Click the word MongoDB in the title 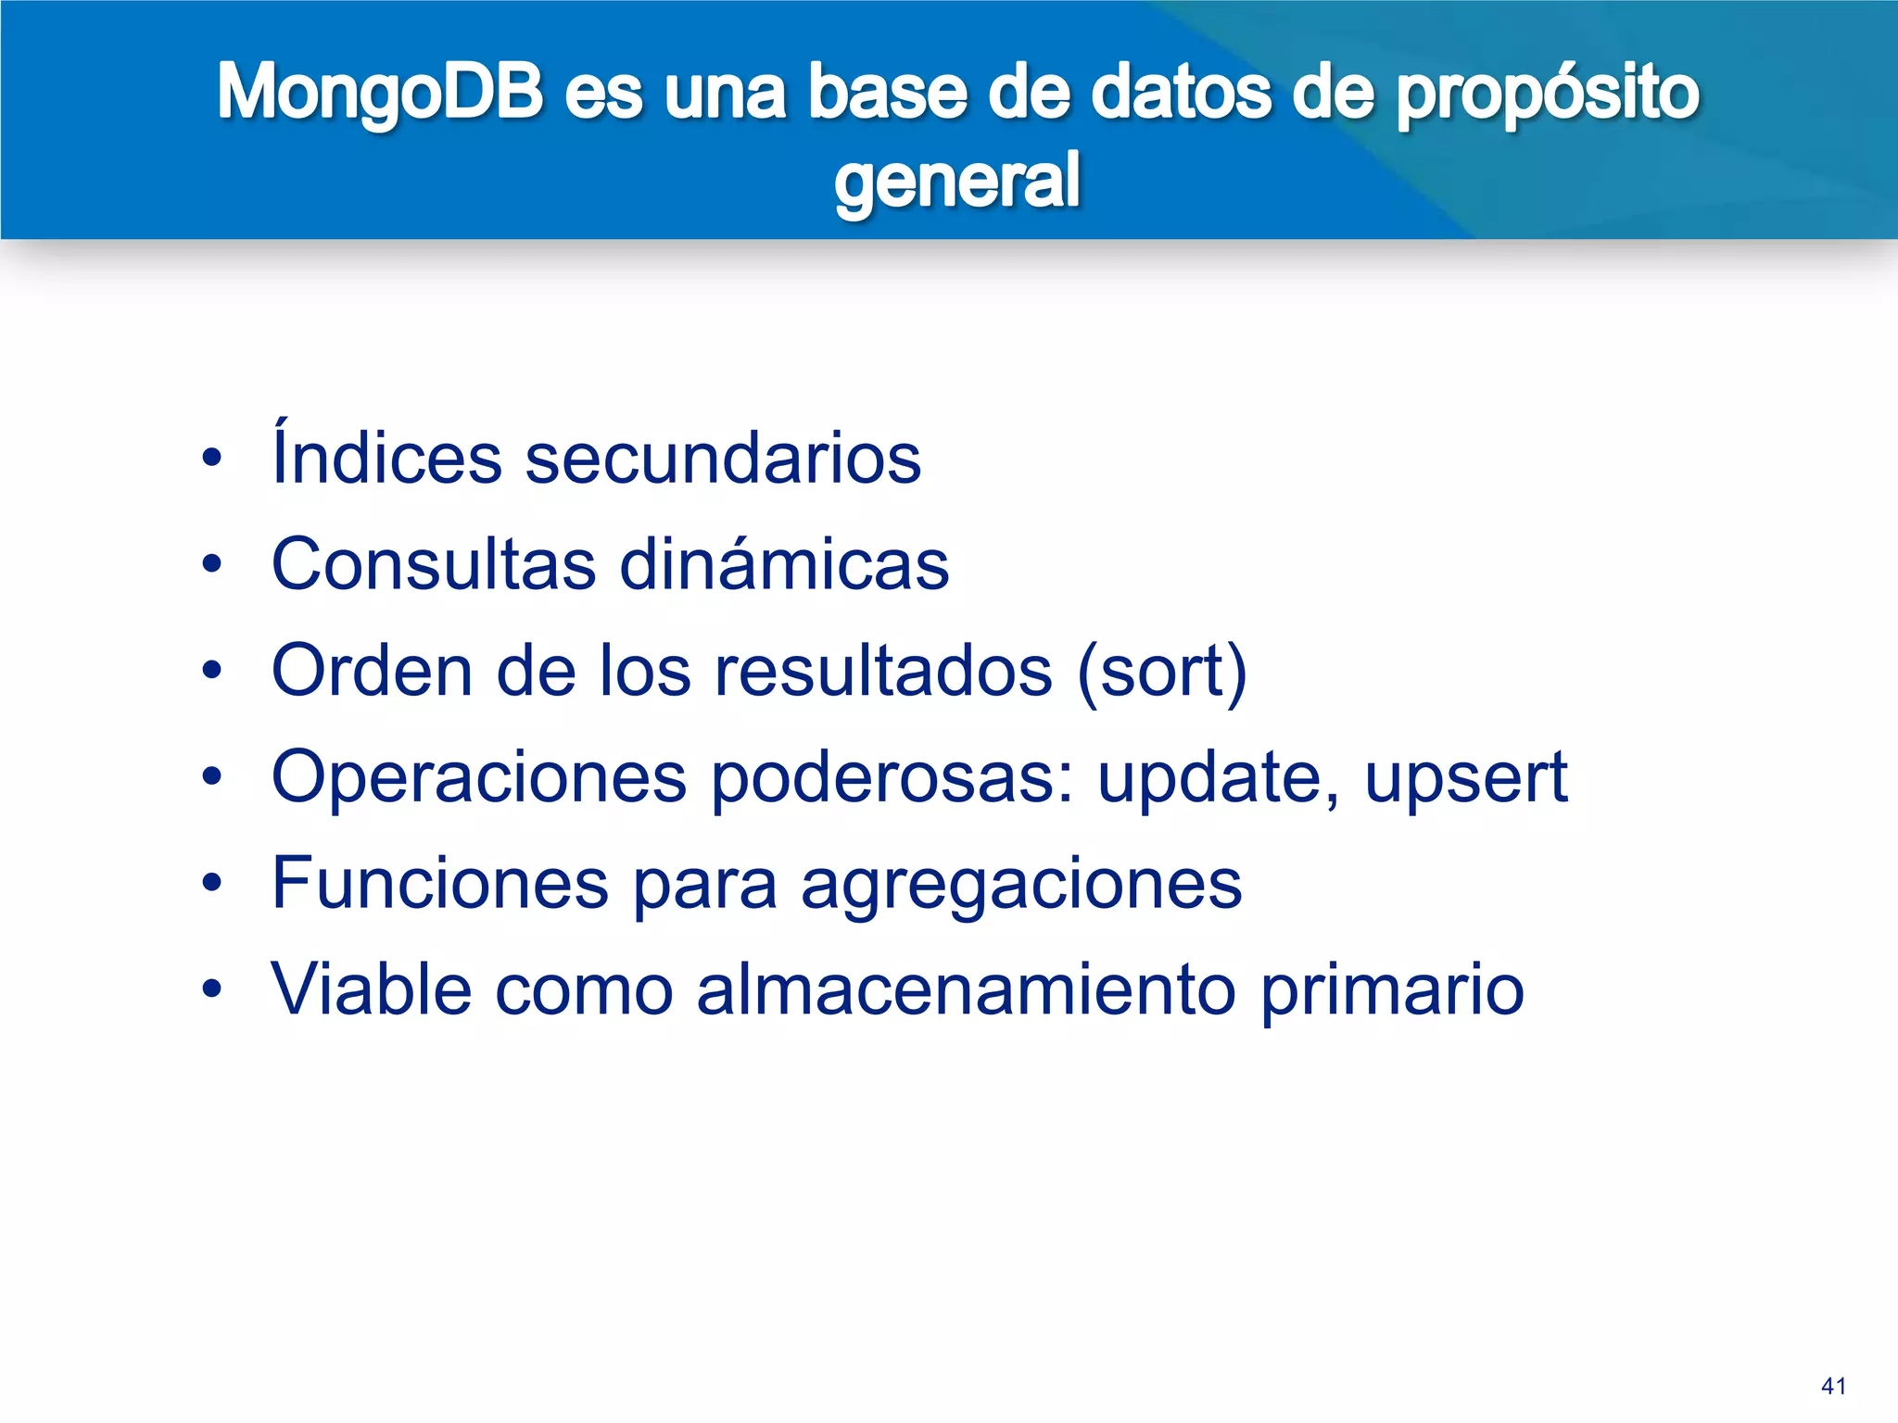click(380, 93)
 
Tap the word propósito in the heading click(1548, 93)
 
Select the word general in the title click(956, 181)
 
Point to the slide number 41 click(1832, 1387)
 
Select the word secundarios click(723, 459)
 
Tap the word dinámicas click(784, 563)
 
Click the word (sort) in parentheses click(1162, 671)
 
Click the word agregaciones click(1020, 885)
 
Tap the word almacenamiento click(966, 989)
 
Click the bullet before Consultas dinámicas click(212, 564)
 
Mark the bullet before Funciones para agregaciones click(212, 884)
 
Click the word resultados click(883, 671)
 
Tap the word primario click(1392, 991)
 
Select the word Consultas click(434, 563)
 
